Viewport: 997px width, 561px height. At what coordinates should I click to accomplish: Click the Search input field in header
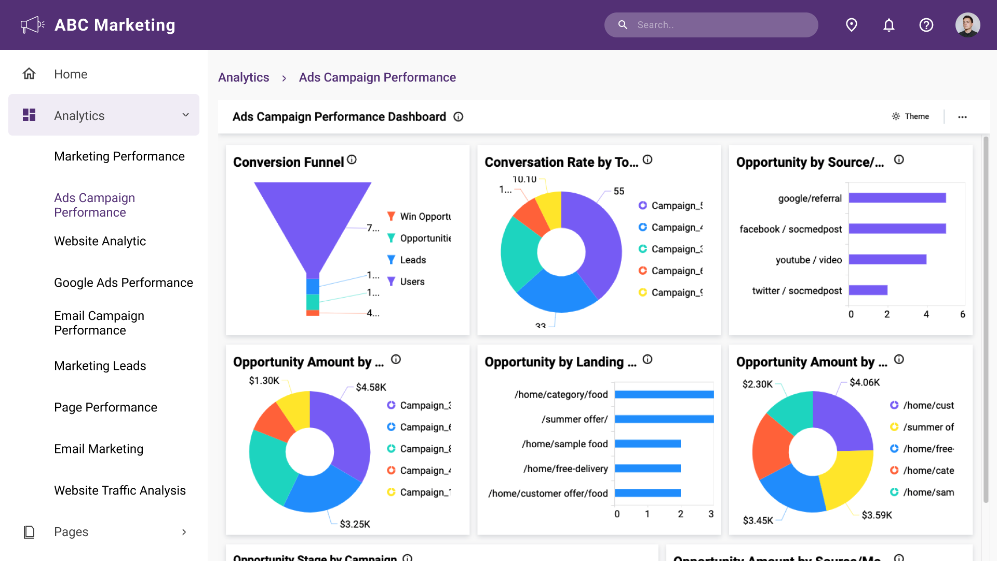click(x=717, y=25)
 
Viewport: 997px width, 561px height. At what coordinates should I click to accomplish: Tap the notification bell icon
click(x=889, y=25)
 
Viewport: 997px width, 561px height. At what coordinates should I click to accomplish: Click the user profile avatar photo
click(x=967, y=25)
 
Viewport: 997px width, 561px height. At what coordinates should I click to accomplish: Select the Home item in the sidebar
click(x=71, y=74)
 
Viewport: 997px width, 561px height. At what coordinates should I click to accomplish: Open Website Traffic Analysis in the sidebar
click(x=119, y=490)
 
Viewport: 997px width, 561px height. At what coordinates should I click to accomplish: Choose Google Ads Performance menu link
click(x=123, y=283)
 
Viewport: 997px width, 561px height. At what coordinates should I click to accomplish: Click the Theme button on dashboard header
click(x=911, y=116)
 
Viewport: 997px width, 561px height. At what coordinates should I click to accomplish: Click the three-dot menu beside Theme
click(x=962, y=117)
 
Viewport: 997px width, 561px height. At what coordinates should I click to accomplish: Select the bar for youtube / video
click(x=887, y=260)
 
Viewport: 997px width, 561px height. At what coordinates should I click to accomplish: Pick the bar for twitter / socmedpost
click(x=868, y=290)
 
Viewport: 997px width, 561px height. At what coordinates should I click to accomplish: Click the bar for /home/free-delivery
click(x=648, y=469)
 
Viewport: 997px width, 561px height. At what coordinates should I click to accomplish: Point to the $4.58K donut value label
click(x=371, y=388)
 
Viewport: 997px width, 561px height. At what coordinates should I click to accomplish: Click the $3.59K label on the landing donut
click(x=877, y=515)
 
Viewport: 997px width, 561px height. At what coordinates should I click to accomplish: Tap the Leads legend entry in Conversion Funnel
click(x=412, y=260)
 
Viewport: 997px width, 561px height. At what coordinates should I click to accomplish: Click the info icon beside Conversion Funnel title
click(x=352, y=160)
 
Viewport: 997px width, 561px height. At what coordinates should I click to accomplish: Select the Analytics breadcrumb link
click(x=244, y=77)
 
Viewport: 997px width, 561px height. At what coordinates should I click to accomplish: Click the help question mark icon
click(x=926, y=25)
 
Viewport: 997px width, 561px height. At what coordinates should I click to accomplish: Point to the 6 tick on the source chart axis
click(x=962, y=314)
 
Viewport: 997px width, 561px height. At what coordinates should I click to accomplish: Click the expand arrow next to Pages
click(x=184, y=532)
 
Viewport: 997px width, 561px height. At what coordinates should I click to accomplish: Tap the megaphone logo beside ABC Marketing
click(x=32, y=25)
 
